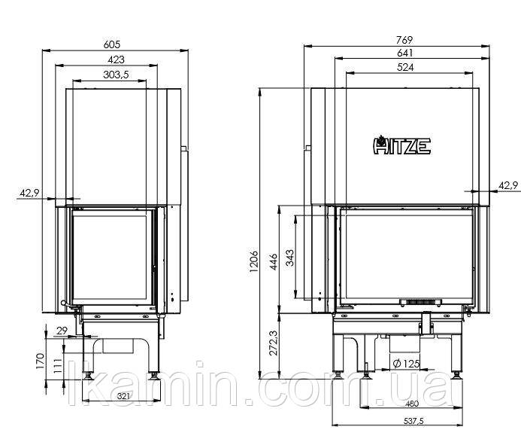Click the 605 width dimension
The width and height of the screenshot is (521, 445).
(x=111, y=44)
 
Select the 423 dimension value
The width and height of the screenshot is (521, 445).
(x=116, y=59)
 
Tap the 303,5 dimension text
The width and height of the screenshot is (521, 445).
(x=116, y=75)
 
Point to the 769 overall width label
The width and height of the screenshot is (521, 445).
(x=404, y=40)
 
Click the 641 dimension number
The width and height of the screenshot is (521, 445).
(x=404, y=53)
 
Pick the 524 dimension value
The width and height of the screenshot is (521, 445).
(x=405, y=67)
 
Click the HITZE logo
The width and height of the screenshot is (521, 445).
(x=401, y=145)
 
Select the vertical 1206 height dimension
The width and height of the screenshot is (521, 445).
(x=253, y=261)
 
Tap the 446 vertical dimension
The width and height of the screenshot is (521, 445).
(x=273, y=261)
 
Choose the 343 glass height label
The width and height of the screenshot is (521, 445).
(x=289, y=258)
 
